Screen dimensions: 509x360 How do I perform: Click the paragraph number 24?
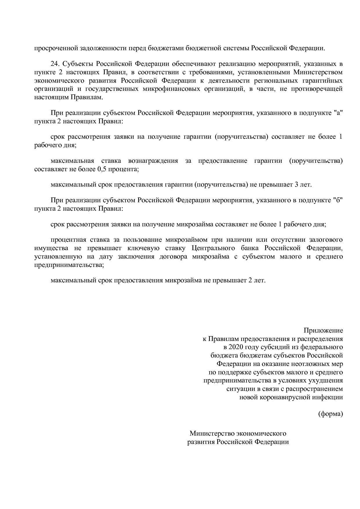click(55, 64)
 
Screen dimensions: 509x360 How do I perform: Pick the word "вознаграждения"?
click(153, 160)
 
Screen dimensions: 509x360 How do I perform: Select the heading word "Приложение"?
click(323, 330)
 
